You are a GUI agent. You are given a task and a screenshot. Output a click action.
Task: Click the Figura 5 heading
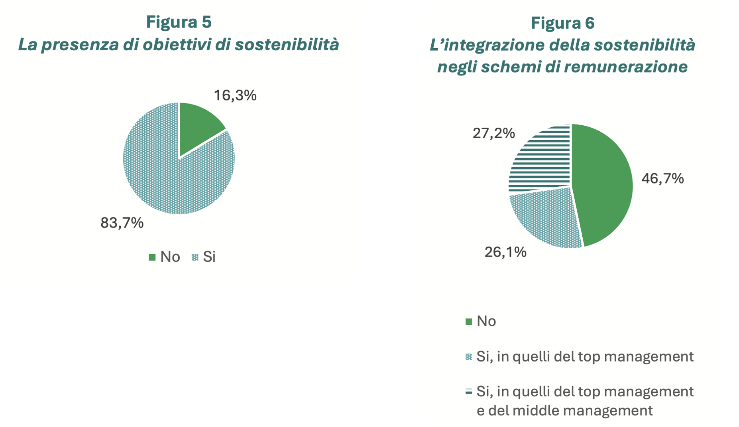tap(179, 22)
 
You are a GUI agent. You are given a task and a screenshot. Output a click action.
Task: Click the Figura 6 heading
tap(562, 23)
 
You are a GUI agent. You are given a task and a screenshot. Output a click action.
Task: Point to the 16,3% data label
tap(235, 95)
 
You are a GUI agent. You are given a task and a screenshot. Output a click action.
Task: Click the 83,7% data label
tap(122, 223)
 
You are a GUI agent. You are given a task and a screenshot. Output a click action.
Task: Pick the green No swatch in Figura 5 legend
tap(152, 257)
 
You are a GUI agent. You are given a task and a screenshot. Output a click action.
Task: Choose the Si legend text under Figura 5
tap(209, 257)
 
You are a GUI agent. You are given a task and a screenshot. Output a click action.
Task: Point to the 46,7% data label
tap(662, 178)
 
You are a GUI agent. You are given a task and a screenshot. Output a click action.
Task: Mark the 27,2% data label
tap(493, 133)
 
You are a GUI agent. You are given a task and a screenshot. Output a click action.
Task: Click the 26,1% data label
tap(505, 252)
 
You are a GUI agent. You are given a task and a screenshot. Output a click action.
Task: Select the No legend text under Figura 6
tap(486, 321)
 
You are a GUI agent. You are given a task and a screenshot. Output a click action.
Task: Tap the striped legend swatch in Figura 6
tap(469, 392)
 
